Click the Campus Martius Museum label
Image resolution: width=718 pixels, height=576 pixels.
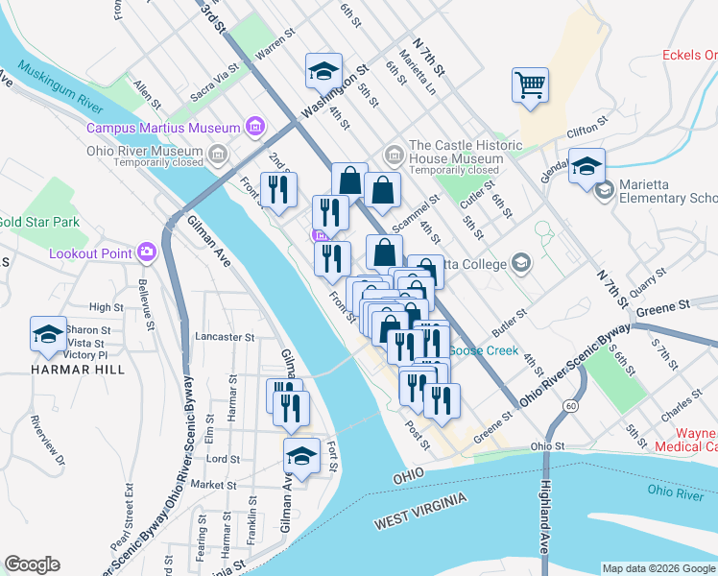tap(162, 128)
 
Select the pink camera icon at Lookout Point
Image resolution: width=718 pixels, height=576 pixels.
tap(147, 252)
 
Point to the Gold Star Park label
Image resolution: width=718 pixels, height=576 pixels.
tap(38, 222)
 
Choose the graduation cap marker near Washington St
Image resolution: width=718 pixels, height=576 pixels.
tap(323, 70)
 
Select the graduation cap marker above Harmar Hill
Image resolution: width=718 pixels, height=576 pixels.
tap(48, 334)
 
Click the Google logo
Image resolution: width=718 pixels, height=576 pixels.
tap(33, 564)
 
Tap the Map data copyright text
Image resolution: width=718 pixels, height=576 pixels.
tap(658, 568)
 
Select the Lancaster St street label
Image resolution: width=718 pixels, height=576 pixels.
tap(224, 337)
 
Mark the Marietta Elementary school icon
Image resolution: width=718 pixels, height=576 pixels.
tap(604, 190)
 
